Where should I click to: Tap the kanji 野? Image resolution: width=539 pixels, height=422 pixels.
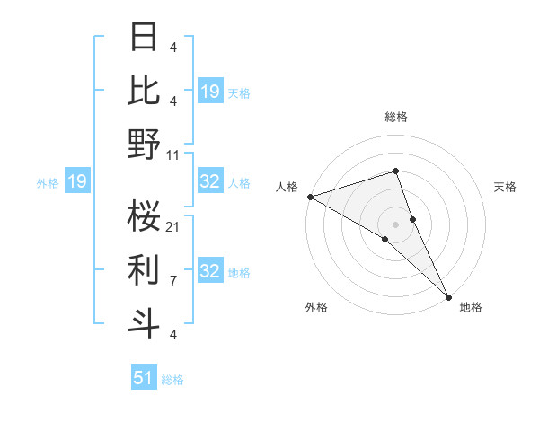(x=145, y=144)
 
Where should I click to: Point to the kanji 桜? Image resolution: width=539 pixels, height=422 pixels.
(x=145, y=215)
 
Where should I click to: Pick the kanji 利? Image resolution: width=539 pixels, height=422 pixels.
(x=145, y=268)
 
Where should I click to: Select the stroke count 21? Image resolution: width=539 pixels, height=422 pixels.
(x=173, y=226)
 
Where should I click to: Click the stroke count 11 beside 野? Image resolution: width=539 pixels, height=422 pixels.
(x=173, y=154)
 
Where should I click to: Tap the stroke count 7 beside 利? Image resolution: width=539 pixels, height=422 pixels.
(x=173, y=280)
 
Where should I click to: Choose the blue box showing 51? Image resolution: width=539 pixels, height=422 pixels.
(x=144, y=378)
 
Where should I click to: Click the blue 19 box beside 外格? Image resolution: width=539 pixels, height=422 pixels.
(x=76, y=182)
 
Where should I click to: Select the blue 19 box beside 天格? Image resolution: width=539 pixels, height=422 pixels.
(x=210, y=91)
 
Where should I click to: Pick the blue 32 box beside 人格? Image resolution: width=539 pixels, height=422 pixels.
(x=210, y=182)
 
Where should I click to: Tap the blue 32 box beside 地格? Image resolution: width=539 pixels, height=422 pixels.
(x=210, y=272)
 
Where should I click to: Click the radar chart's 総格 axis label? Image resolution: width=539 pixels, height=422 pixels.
(x=395, y=117)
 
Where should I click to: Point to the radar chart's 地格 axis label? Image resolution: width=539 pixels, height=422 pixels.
(x=471, y=307)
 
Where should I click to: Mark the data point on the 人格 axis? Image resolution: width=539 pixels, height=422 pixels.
(x=310, y=197)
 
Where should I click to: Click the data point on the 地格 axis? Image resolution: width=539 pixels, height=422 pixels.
(x=448, y=295)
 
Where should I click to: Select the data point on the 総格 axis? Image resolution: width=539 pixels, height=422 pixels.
(x=395, y=171)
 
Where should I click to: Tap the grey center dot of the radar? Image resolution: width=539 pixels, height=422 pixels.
(x=395, y=224)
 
